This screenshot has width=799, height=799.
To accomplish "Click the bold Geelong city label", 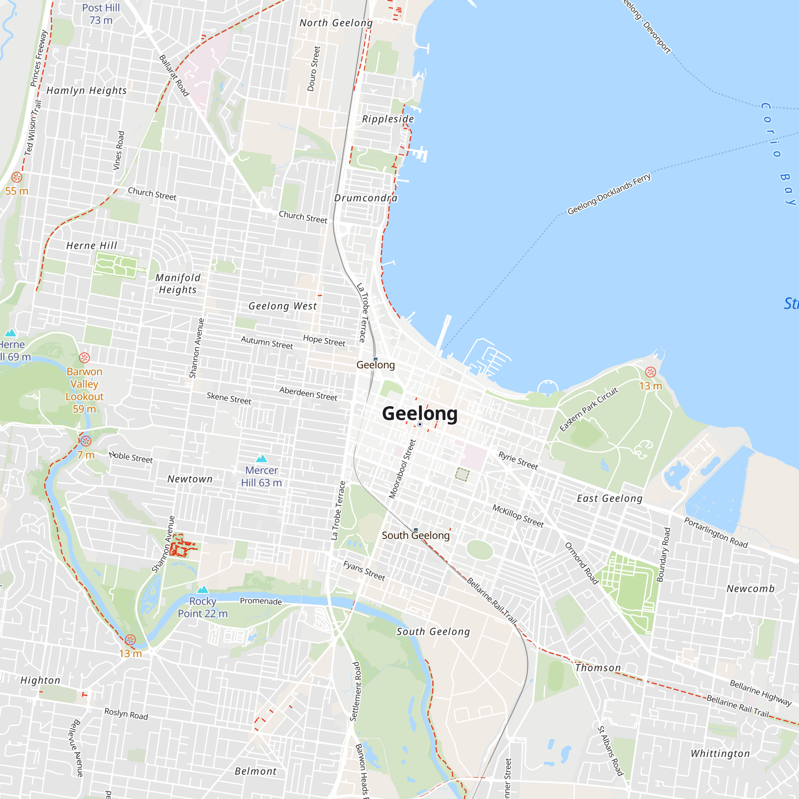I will (419, 413).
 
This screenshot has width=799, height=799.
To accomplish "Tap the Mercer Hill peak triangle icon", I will (261, 458).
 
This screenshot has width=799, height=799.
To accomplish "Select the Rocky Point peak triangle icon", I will (203, 589).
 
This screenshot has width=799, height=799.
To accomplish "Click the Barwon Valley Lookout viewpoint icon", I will (84, 358).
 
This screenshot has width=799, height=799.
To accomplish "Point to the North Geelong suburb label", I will (336, 23).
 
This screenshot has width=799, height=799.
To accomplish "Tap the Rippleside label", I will (388, 119).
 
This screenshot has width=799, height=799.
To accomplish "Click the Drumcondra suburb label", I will (366, 198).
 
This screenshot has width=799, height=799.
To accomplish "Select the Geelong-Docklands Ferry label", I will (609, 193).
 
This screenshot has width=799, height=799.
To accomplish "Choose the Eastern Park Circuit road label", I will (588, 409).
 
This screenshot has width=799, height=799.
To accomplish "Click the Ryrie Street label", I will (518, 460).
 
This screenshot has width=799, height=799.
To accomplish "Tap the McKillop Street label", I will (518, 515).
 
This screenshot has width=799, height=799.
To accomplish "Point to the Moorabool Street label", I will (401, 469).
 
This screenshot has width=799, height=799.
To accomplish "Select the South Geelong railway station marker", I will (415, 529).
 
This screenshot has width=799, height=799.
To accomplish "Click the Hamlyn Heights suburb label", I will (86, 91).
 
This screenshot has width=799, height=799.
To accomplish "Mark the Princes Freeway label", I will (39, 58).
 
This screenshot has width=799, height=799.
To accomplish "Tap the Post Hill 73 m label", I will (101, 14).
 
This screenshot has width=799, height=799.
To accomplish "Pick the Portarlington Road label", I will (716, 533).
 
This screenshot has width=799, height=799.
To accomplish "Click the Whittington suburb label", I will (720, 753).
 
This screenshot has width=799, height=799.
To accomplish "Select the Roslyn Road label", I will (126, 714).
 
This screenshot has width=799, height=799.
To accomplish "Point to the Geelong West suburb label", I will (282, 306).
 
